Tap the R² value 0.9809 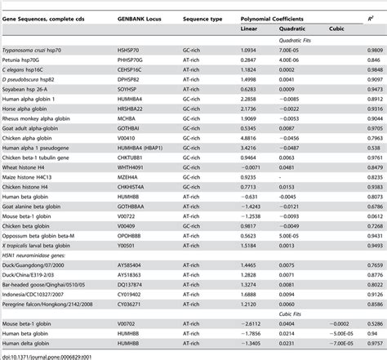click(x=371, y=51)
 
